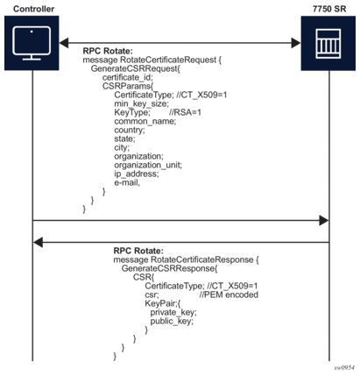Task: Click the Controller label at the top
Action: coord(33,9)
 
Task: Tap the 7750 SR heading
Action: coord(329,9)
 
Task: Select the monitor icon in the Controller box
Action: coord(32,43)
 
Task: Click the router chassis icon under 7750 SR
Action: coord(328,43)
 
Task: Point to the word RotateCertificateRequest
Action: coord(168,60)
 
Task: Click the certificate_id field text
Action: coord(128,77)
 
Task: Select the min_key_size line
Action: coord(142,103)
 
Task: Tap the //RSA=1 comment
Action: coord(185,112)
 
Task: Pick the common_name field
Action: coord(145,121)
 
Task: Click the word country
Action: coord(130,130)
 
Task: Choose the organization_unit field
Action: coord(148,165)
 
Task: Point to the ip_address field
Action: coord(137,174)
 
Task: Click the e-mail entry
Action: coord(127,183)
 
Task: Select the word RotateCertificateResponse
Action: coord(202,259)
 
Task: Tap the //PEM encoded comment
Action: coord(229,294)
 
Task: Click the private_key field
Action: coord(173,312)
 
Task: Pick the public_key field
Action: coord(172,321)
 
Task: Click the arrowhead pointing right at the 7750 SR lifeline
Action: coord(324,221)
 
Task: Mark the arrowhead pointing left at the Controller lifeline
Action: coord(39,242)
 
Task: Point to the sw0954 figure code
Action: coord(344,367)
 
